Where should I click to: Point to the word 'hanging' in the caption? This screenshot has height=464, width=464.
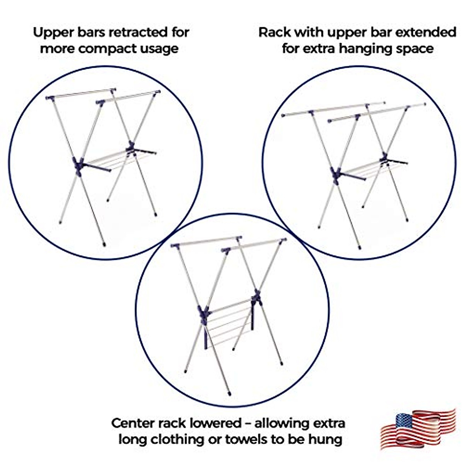click(363, 49)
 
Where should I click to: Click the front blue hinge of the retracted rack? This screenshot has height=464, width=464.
click(78, 165)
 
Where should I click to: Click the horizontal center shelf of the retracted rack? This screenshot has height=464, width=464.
click(112, 160)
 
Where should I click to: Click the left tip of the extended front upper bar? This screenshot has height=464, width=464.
click(283, 115)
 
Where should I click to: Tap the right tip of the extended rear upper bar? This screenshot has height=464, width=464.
click(424, 104)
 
